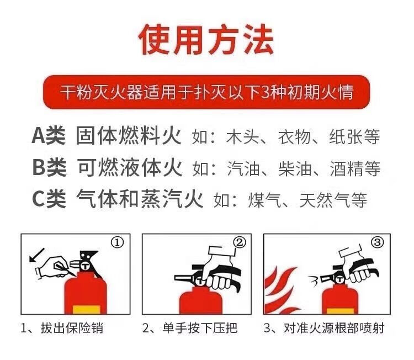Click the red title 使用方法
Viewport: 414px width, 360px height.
pos(206,40)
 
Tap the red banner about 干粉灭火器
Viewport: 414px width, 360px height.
pos(206,92)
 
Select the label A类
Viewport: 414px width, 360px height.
pos(49,136)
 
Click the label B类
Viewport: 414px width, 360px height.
pos(49,167)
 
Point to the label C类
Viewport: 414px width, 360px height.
pos(49,199)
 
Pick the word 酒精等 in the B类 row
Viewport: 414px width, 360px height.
pos(355,168)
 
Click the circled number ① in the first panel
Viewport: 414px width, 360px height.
pos(117,242)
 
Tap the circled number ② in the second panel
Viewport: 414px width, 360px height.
pos(240,242)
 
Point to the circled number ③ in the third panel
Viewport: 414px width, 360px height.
pos(377,242)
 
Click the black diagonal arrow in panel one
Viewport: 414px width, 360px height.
pos(36,255)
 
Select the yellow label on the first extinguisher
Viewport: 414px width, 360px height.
pos(86,309)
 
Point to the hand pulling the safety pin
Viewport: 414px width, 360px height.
pos(56,267)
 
